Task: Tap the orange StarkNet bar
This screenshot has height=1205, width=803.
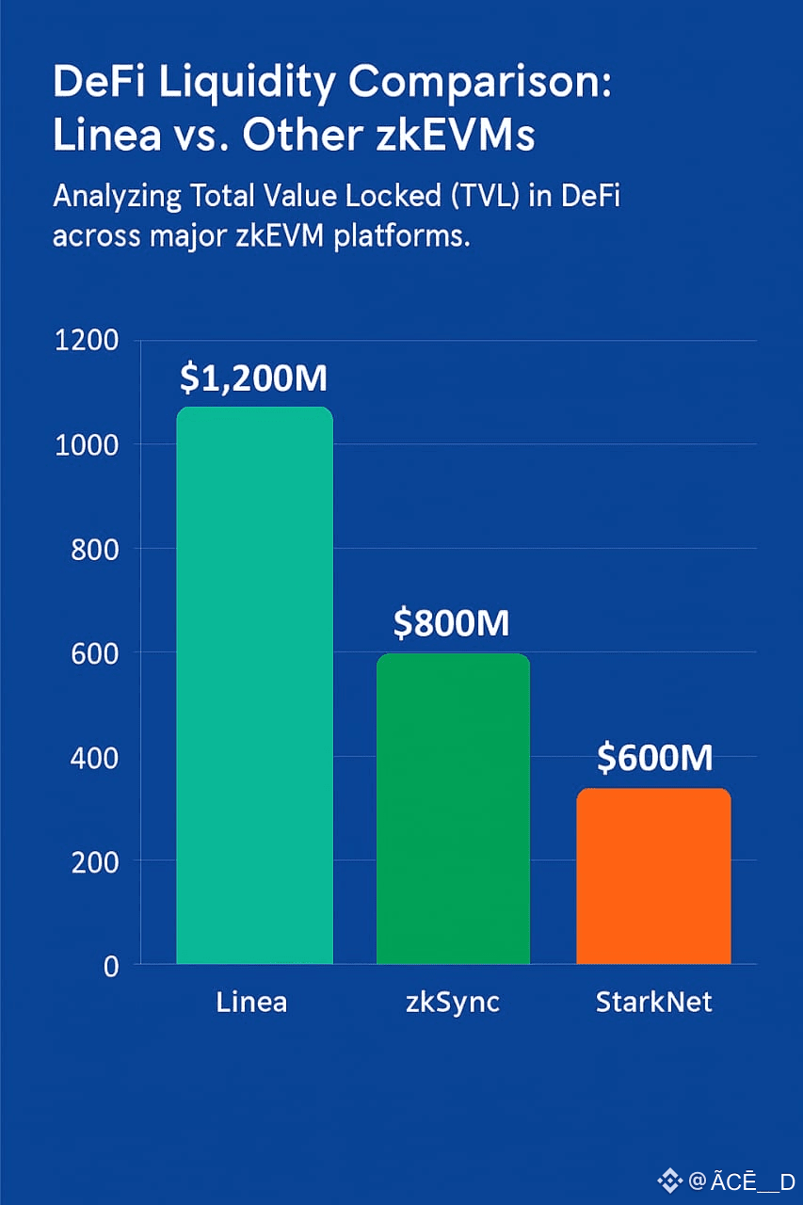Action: tap(653, 876)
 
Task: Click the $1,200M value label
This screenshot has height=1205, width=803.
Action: tap(253, 378)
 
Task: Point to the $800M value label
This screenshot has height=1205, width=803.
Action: tap(452, 623)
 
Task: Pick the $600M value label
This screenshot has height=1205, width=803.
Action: tap(654, 758)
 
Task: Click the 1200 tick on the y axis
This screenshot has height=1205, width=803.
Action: tap(88, 341)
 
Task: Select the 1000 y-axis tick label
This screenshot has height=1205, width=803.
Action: tap(88, 444)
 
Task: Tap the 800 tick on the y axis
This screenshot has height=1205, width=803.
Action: tap(94, 549)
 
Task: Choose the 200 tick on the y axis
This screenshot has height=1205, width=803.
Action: tap(94, 861)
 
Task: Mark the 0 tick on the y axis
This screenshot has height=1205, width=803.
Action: tap(111, 966)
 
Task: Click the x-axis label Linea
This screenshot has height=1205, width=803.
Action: tap(251, 1003)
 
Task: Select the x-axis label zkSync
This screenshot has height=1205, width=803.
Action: tap(452, 1003)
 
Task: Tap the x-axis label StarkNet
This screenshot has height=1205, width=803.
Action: tap(653, 1003)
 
